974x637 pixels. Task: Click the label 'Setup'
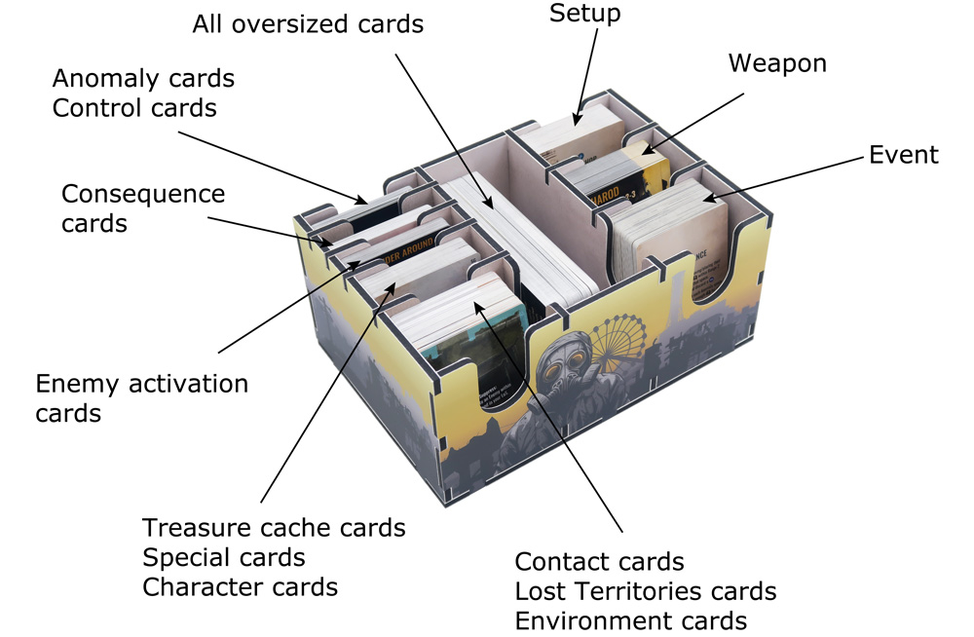point(585,14)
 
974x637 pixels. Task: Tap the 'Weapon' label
point(777,64)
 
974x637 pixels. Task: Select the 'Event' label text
point(904,155)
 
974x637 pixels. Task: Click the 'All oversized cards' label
point(308,23)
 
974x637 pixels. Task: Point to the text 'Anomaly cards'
point(143,78)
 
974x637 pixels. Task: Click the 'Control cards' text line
point(134,107)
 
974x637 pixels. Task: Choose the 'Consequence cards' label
point(142,208)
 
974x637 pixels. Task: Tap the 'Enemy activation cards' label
point(141,397)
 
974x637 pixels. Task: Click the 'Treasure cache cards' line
point(274,528)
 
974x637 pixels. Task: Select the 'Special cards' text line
point(224,558)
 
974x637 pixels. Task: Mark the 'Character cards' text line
point(240,587)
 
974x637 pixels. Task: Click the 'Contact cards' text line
point(599,562)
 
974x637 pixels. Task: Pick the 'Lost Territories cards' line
point(645,591)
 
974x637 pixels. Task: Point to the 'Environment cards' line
point(630,620)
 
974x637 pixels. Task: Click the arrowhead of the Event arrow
point(706,199)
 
